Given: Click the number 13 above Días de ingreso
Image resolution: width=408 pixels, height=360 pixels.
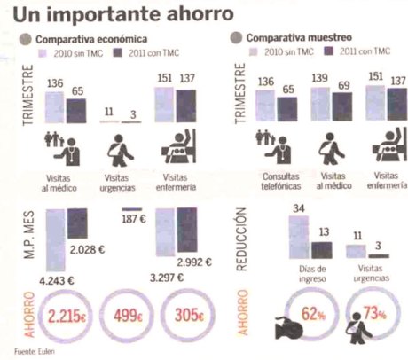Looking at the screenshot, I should point(325,233).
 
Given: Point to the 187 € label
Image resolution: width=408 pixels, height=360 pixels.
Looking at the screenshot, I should point(134,219).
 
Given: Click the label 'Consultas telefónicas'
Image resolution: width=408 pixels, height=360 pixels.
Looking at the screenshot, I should point(275,182).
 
